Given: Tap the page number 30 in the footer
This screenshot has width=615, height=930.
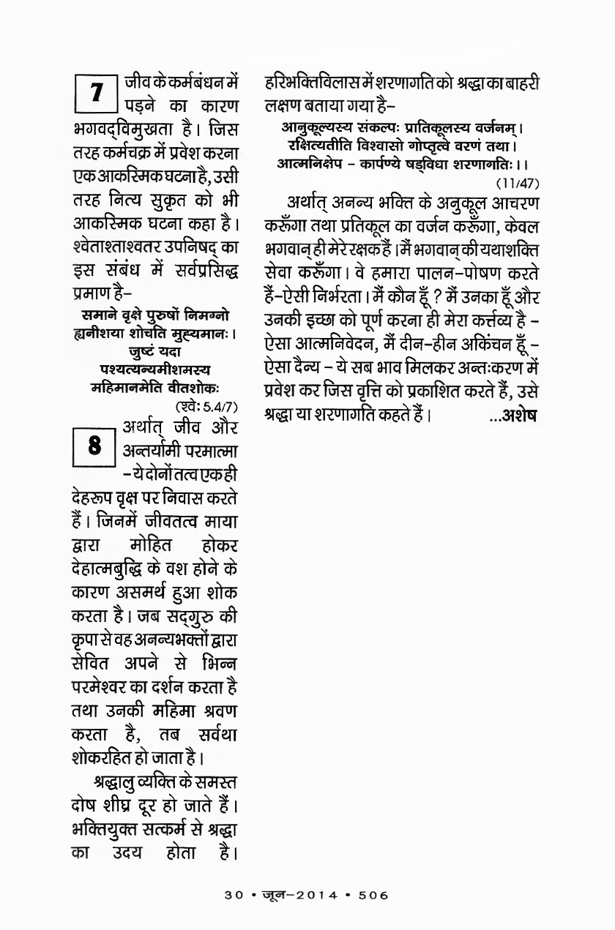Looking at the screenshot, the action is (234, 894).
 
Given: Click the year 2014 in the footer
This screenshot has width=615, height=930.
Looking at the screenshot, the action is (316, 894).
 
